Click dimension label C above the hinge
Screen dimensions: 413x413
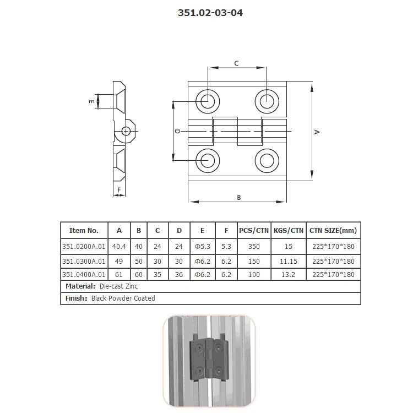tap(236, 63)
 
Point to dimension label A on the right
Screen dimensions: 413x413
tap(317, 132)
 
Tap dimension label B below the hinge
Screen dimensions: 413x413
tap(238, 197)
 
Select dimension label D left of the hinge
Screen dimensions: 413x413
tap(177, 132)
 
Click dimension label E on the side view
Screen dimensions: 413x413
tap(91, 101)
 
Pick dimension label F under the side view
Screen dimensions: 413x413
tap(118, 188)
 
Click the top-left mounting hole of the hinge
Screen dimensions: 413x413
tap(208, 101)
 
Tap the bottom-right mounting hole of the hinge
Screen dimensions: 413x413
tap(267, 160)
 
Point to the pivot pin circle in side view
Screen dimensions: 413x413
tap(127, 131)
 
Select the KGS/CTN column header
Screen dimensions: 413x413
tap(288, 230)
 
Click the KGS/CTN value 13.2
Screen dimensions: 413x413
tap(288, 274)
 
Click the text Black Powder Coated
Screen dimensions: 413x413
tap(127, 298)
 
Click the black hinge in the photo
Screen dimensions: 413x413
tap(209, 358)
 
